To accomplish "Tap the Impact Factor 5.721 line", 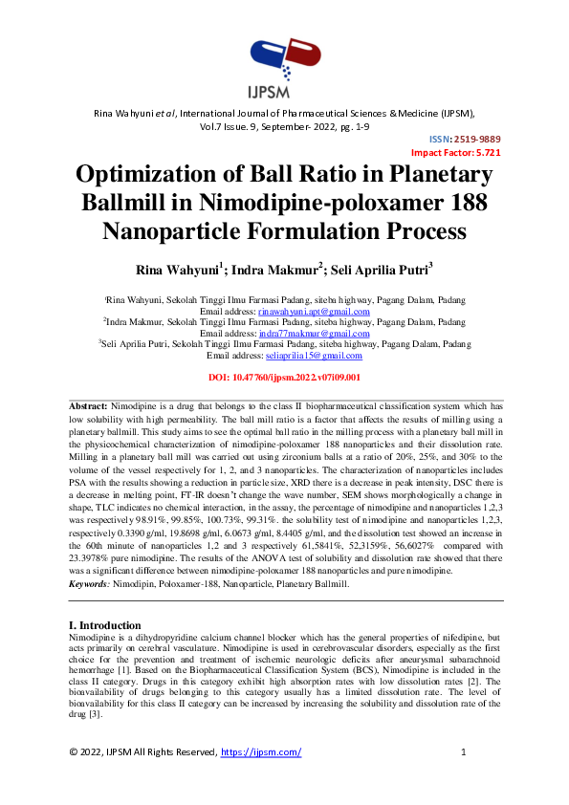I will coord(455,152).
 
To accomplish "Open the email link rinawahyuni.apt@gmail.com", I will coord(314,313).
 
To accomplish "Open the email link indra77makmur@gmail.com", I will coord(311,334).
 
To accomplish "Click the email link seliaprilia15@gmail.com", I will coord(314,356).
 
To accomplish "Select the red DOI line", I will coord(284,378).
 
